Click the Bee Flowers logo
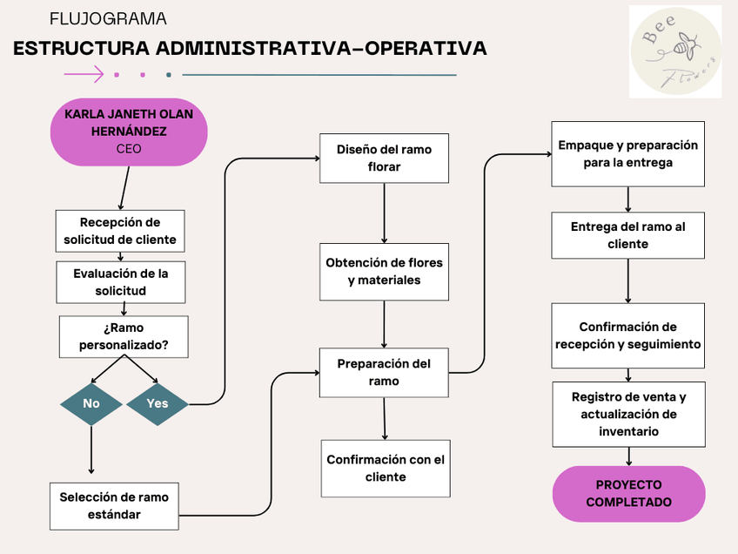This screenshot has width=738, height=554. (x=675, y=51)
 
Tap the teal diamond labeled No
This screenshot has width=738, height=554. (x=91, y=403)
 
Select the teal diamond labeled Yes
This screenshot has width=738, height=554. (x=158, y=403)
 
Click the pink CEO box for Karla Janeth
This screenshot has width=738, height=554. (x=128, y=132)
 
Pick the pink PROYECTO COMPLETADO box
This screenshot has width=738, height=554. (x=628, y=493)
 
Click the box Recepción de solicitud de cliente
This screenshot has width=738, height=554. (x=120, y=231)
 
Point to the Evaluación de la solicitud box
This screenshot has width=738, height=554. (x=120, y=282)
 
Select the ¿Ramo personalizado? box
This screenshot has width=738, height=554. (x=124, y=336)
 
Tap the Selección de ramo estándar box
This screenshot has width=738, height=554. (x=114, y=505)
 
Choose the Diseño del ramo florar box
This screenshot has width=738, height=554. (x=384, y=158)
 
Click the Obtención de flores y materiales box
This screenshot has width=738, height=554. (x=384, y=271)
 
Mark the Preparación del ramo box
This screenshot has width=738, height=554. (x=384, y=372)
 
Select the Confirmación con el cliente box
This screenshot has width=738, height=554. (x=385, y=468)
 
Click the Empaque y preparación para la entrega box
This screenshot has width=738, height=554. (x=627, y=153)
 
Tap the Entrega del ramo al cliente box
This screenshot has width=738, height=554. (x=627, y=235)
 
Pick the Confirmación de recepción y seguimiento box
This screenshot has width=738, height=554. (x=627, y=335)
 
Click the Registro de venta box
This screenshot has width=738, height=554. (x=628, y=414)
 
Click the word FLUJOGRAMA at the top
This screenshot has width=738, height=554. (x=109, y=18)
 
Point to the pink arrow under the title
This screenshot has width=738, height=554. (x=84, y=74)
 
